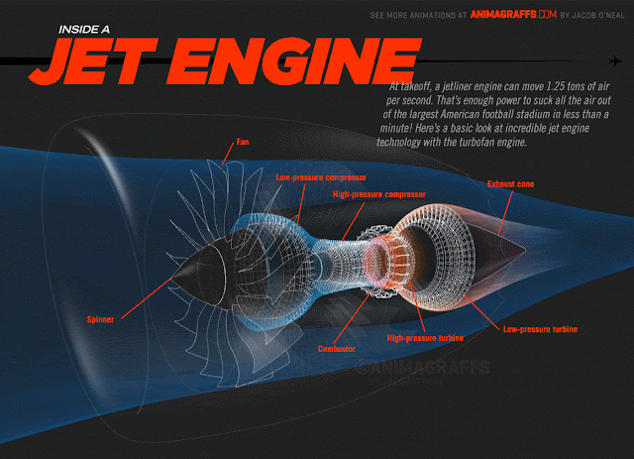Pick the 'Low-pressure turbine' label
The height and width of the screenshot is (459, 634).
click(540, 328)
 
